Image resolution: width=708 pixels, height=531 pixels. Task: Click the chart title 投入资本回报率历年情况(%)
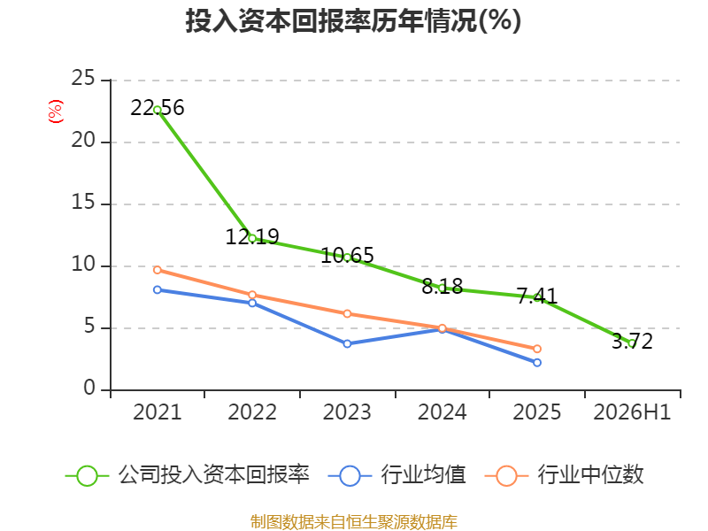click(x=353, y=20)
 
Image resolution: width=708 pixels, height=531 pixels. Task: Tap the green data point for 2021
click(x=158, y=110)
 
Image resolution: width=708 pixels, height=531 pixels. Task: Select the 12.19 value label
click(x=252, y=236)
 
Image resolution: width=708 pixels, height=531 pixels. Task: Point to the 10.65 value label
click(x=347, y=255)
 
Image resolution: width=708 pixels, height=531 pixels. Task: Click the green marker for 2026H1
click(x=632, y=343)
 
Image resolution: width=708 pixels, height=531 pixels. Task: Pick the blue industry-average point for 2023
click(x=347, y=343)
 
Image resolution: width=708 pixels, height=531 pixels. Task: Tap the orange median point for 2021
click(x=158, y=270)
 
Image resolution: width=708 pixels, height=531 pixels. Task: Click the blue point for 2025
click(x=537, y=363)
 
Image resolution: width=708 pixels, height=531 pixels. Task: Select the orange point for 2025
click(x=537, y=349)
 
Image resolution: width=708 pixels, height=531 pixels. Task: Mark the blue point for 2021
click(x=158, y=290)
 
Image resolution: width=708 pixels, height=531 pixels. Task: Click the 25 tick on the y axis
click(x=83, y=78)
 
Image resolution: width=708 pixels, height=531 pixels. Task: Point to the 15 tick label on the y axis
click(x=83, y=203)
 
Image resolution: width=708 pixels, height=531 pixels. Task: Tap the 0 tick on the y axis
click(x=89, y=388)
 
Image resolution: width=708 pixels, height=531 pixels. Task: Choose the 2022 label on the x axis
click(x=252, y=412)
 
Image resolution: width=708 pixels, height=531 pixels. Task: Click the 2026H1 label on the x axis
click(x=632, y=412)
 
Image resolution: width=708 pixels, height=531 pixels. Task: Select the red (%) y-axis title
click(x=56, y=112)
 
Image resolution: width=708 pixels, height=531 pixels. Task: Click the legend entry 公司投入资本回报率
click(x=188, y=475)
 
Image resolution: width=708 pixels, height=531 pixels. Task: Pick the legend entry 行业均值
click(x=396, y=475)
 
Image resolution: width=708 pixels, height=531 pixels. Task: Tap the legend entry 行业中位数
click(x=565, y=475)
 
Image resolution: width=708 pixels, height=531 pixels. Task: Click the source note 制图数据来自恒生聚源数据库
click(x=354, y=522)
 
